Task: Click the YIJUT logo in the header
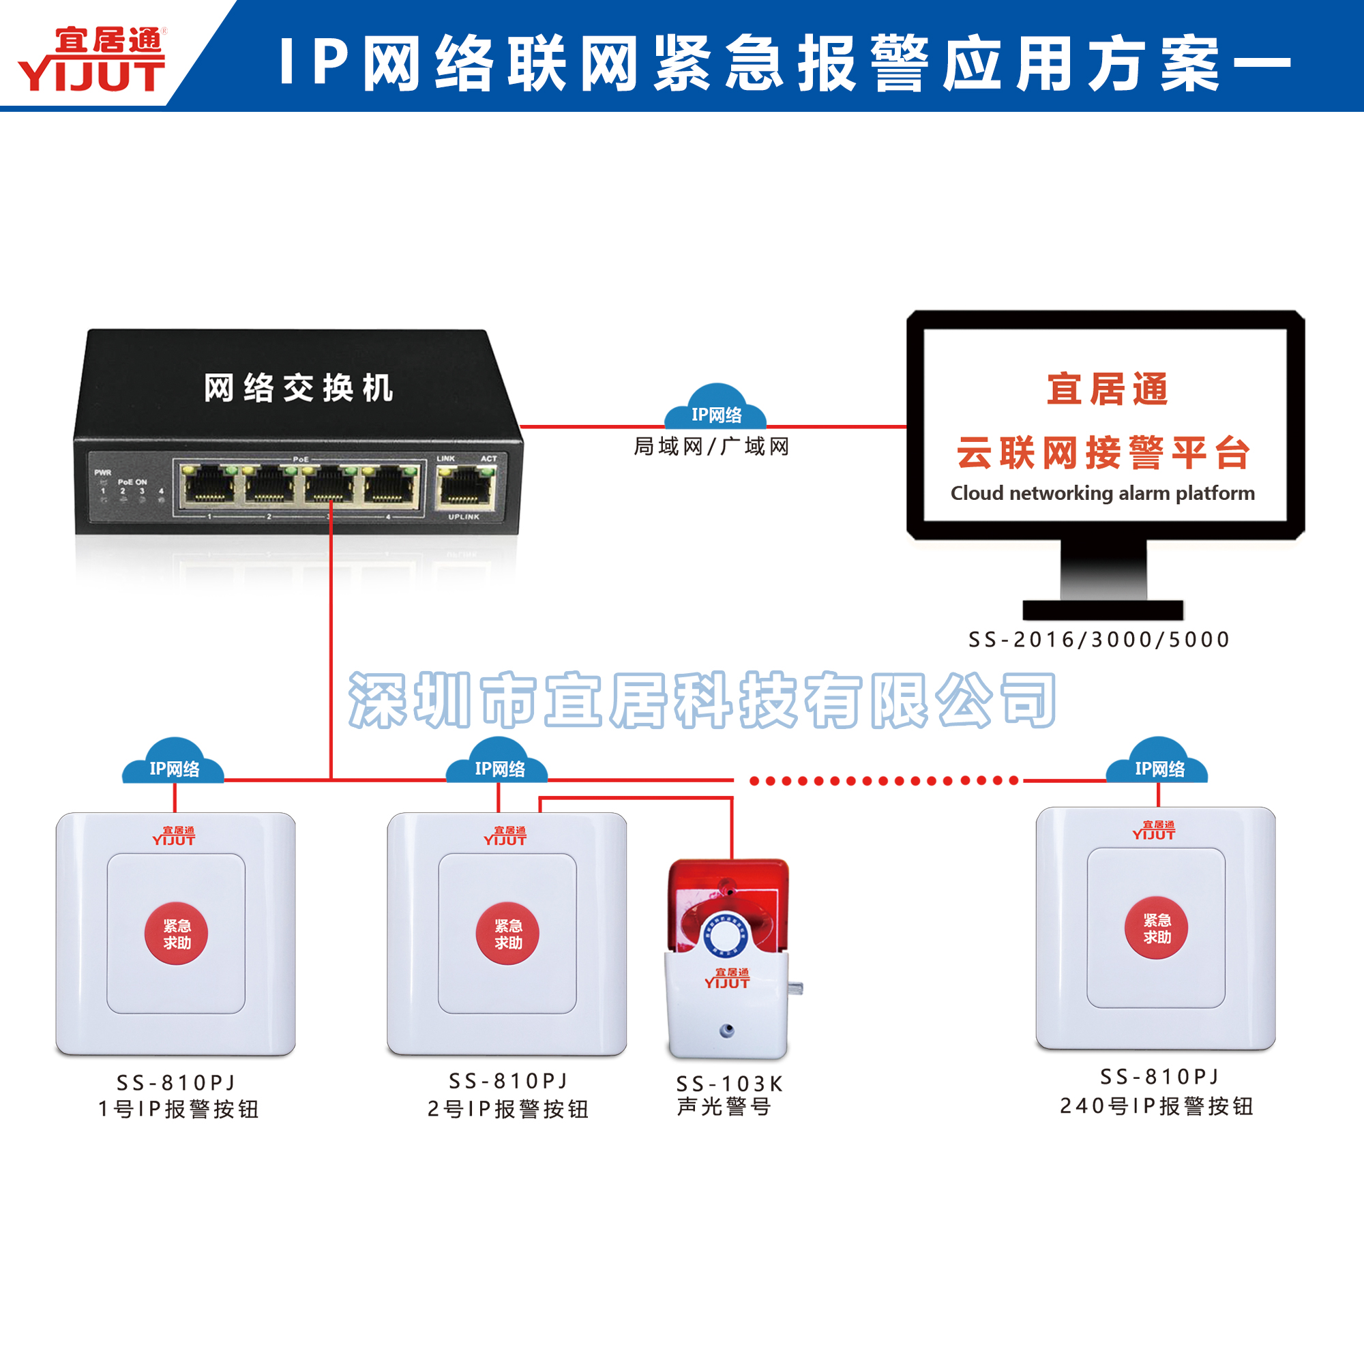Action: pyautogui.click(x=92, y=59)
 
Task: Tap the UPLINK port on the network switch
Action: pyautogui.click(x=464, y=486)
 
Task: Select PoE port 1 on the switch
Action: pyautogui.click(x=209, y=486)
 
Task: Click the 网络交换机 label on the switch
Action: pyautogui.click(x=298, y=388)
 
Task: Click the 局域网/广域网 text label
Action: pyautogui.click(x=711, y=446)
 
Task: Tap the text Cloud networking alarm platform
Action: pyautogui.click(x=1102, y=493)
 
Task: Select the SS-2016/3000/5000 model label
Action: pyautogui.click(x=1099, y=640)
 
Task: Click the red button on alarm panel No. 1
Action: pyautogui.click(x=176, y=934)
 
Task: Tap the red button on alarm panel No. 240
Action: pyautogui.click(x=1156, y=928)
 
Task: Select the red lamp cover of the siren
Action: pyautogui.click(x=727, y=897)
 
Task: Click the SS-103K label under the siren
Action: pyautogui.click(x=729, y=1083)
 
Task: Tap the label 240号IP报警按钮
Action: pyautogui.click(x=1156, y=1106)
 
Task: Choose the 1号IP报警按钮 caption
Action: pyautogui.click(x=178, y=1109)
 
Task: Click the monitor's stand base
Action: pyautogui.click(x=1103, y=610)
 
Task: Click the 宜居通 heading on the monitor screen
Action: pyautogui.click(x=1106, y=389)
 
